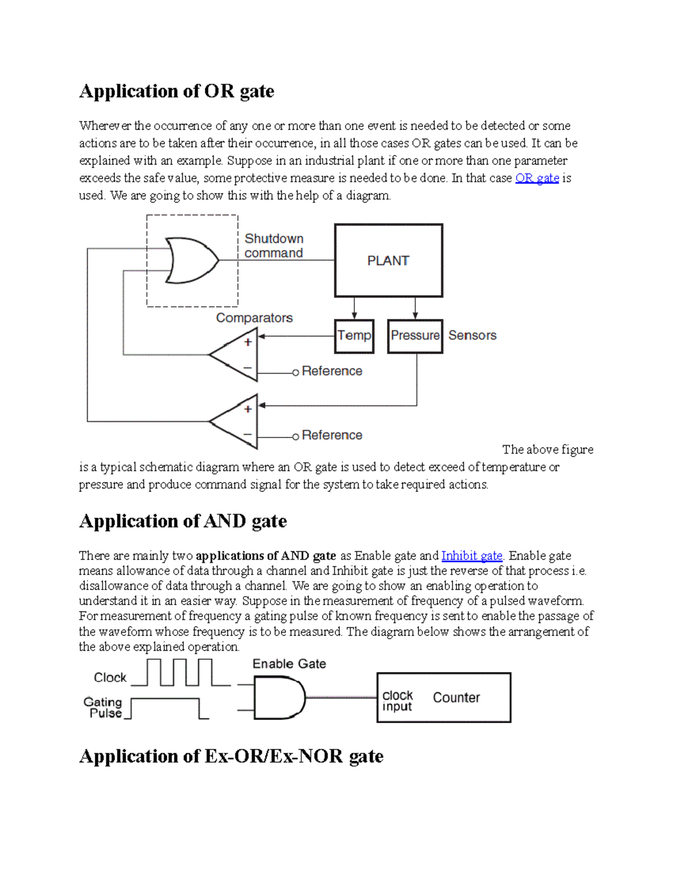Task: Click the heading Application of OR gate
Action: tap(177, 91)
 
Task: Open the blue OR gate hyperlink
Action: tap(537, 178)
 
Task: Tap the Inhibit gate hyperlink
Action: tap(472, 556)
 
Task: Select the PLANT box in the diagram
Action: tap(388, 261)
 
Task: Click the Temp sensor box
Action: tap(354, 336)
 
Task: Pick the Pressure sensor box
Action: tap(415, 336)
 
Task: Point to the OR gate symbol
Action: tap(191, 260)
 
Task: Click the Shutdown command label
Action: tap(274, 246)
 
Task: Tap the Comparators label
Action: tap(254, 318)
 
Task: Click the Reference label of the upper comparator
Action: tap(331, 371)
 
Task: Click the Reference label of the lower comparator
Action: tap(331, 435)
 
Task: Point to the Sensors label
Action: tap(472, 335)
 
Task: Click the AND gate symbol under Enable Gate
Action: tap(278, 698)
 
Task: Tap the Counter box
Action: tap(444, 698)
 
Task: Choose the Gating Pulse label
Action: tap(103, 708)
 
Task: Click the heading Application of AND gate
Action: tap(183, 521)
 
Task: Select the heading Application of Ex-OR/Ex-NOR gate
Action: tap(231, 756)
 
